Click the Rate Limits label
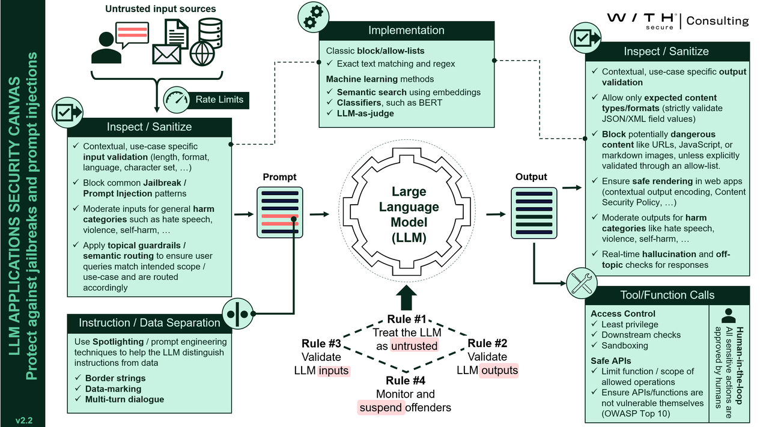point(219,99)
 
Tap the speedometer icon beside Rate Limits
point(176,98)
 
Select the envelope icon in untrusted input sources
point(166,53)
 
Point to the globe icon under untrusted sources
point(202,53)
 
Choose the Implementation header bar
point(406,30)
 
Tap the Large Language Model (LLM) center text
point(409,214)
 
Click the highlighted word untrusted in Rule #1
point(414,345)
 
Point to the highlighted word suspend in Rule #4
point(380,408)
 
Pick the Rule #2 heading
point(487,343)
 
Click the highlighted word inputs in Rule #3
point(333,371)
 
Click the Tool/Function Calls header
point(667,295)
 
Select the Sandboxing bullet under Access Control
point(624,345)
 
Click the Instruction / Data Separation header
point(149,323)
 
